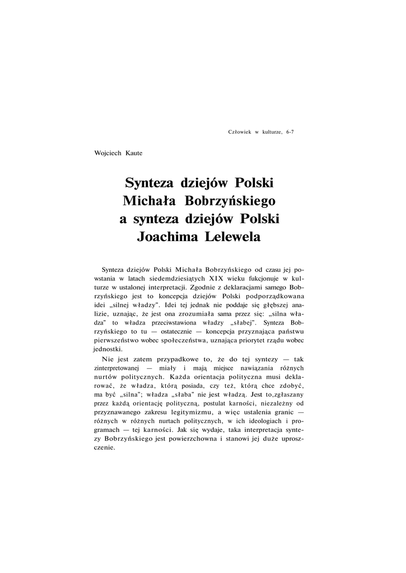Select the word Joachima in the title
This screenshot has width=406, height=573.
click(x=165, y=237)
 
